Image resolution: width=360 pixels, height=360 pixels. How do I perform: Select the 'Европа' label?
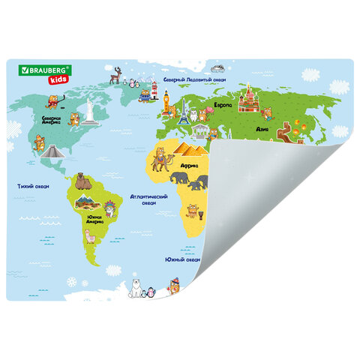222,105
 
